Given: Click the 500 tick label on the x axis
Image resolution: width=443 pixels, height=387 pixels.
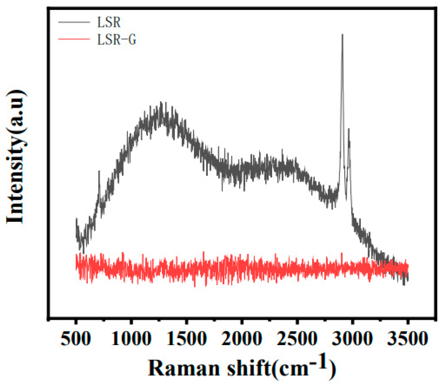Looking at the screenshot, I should click(x=76, y=339).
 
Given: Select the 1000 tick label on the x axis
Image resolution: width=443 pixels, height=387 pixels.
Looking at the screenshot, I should click(x=131, y=339).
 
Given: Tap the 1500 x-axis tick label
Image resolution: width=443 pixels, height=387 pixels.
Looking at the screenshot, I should click(x=186, y=339).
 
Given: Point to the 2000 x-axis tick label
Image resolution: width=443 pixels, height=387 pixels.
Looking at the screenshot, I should click(x=242, y=339).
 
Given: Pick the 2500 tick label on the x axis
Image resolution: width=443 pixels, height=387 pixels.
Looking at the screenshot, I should click(x=297, y=339).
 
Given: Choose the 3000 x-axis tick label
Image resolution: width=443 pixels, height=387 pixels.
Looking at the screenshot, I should click(x=352, y=339).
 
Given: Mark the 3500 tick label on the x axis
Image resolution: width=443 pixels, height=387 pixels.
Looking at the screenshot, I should click(x=407, y=339).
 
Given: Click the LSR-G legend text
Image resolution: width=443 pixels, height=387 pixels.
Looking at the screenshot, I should click(x=117, y=40).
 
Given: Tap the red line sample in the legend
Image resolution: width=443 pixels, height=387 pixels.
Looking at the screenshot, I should click(x=74, y=39).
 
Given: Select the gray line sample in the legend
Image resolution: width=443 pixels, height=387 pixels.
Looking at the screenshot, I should click(x=74, y=22).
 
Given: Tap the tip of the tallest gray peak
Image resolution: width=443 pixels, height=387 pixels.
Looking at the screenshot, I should click(x=342, y=35).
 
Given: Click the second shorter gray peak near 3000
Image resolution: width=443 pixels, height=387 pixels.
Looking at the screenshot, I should click(x=349, y=129).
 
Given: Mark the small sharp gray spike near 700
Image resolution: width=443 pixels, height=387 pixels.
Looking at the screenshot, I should click(x=99, y=171).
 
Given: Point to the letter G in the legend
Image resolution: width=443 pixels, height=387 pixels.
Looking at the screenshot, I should click(x=132, y=40).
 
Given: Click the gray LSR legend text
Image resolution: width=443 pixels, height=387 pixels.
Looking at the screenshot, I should click(x=109, y=22).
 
